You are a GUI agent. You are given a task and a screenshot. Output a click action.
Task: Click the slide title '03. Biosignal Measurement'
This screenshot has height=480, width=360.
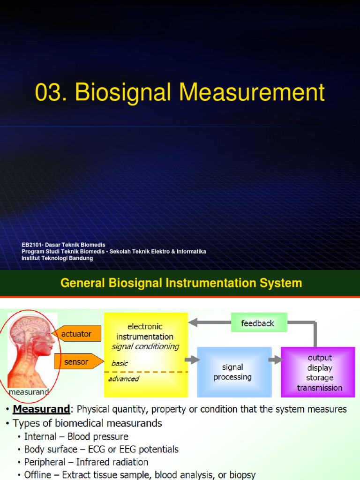[x=180, y=92]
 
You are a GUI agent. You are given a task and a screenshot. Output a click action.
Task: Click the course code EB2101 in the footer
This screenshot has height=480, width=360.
[x=33, y=245]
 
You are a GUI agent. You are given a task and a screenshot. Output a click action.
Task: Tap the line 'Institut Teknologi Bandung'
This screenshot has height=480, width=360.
[x=57, y=258]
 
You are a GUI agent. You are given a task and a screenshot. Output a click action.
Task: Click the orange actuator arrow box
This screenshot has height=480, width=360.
[x=77, y=334]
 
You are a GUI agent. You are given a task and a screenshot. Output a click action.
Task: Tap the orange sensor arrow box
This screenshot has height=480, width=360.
[x=77, y=361]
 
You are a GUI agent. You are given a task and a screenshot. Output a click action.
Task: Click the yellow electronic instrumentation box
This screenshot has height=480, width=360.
[x=145, y=337]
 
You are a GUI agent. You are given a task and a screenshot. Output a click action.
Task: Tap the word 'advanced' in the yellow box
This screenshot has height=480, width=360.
[x=124, y=379]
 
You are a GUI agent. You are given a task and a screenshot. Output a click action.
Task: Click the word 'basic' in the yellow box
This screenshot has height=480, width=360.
[x=120, y=363]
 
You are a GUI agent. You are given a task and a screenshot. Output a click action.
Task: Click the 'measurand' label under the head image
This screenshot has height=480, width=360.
[x=29, y=391]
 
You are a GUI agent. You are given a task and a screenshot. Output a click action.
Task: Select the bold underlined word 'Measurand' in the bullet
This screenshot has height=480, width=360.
[x=41, y=409]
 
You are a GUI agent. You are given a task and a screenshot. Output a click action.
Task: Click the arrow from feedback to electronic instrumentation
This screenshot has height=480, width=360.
[x=209, y=322]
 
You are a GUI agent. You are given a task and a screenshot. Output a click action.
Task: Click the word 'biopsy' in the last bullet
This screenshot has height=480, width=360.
[x=241, y=475]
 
